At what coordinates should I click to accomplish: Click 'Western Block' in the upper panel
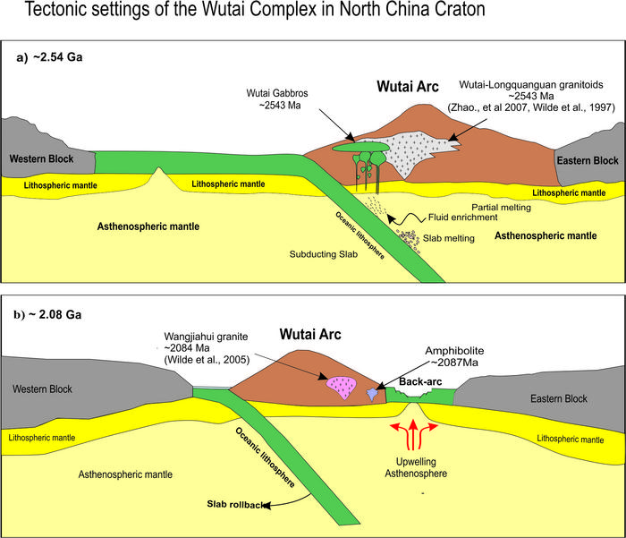(x=39, y=159)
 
